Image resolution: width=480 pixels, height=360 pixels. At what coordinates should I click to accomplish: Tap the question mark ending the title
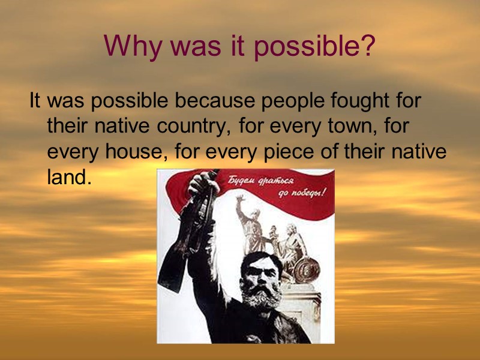367,46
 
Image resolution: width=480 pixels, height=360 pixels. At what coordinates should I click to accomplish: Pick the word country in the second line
193,127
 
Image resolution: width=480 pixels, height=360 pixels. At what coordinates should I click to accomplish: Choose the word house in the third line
133,152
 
